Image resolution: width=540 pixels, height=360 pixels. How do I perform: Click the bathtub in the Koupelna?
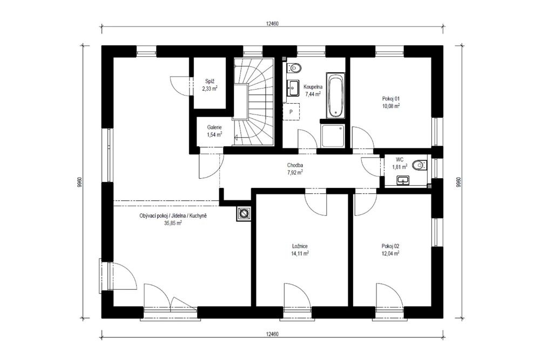[x=335, y=96]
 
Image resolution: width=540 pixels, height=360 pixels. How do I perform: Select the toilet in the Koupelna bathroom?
[x=294, y=68]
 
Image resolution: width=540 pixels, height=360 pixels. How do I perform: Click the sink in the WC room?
[x=403, y=180]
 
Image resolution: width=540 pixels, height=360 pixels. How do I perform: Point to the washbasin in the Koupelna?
[x=293, y=88]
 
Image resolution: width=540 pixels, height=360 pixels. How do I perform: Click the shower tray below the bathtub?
[x=332, y=136]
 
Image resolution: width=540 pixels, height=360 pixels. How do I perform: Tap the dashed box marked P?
[x=291, y=112]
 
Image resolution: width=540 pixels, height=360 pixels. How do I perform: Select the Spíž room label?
[x=210, y=81]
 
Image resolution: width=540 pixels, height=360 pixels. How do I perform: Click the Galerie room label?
[x=214, y=127]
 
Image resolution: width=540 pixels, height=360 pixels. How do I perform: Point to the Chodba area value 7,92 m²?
[x=295, y=172]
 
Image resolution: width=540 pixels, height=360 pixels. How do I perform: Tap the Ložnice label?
[x=300, y=247]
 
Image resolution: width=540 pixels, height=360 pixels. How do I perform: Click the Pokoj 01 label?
[x=391, y=99]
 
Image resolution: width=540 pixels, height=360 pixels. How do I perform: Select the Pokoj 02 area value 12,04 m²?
[x=390, y=254]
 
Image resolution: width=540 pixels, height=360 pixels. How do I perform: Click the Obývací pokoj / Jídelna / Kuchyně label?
[x=173, y=216]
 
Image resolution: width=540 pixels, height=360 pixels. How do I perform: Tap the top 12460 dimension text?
[x=272, y=24]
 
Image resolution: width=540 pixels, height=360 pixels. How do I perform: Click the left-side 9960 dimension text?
[x=79, y=182]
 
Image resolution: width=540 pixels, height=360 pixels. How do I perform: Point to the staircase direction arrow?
[x=237, y=138]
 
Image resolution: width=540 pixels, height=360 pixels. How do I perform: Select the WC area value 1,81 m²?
[x=400, y=167]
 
